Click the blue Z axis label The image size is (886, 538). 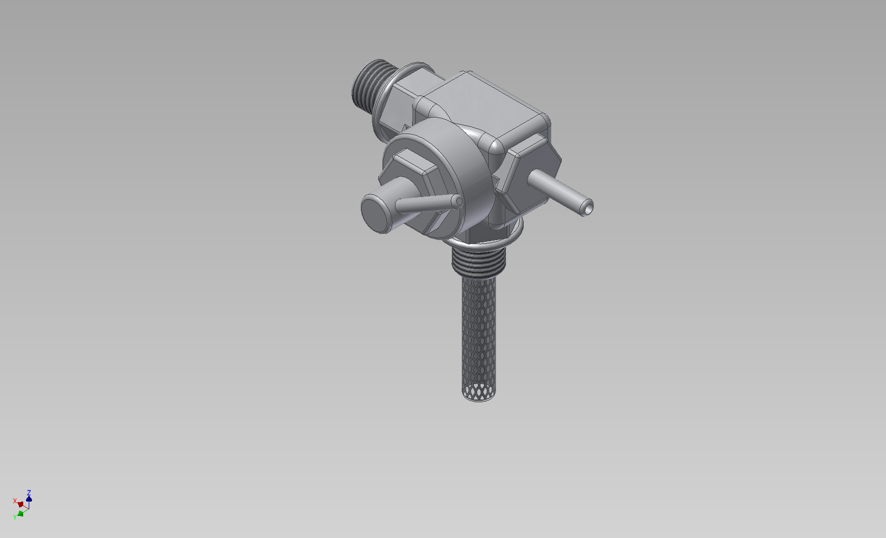pos(29,493)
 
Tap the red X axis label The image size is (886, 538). pos(15,501)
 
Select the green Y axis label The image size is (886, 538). pos(15,517)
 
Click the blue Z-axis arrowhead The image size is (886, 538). pos(29,498)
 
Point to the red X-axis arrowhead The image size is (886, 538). pos(20,504)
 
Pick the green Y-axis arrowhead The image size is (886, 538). pos(20,514)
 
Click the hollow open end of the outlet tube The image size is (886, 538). pos(588,207)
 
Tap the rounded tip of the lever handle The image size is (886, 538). pos(459,201)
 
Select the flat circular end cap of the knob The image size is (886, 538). pos(376,215)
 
